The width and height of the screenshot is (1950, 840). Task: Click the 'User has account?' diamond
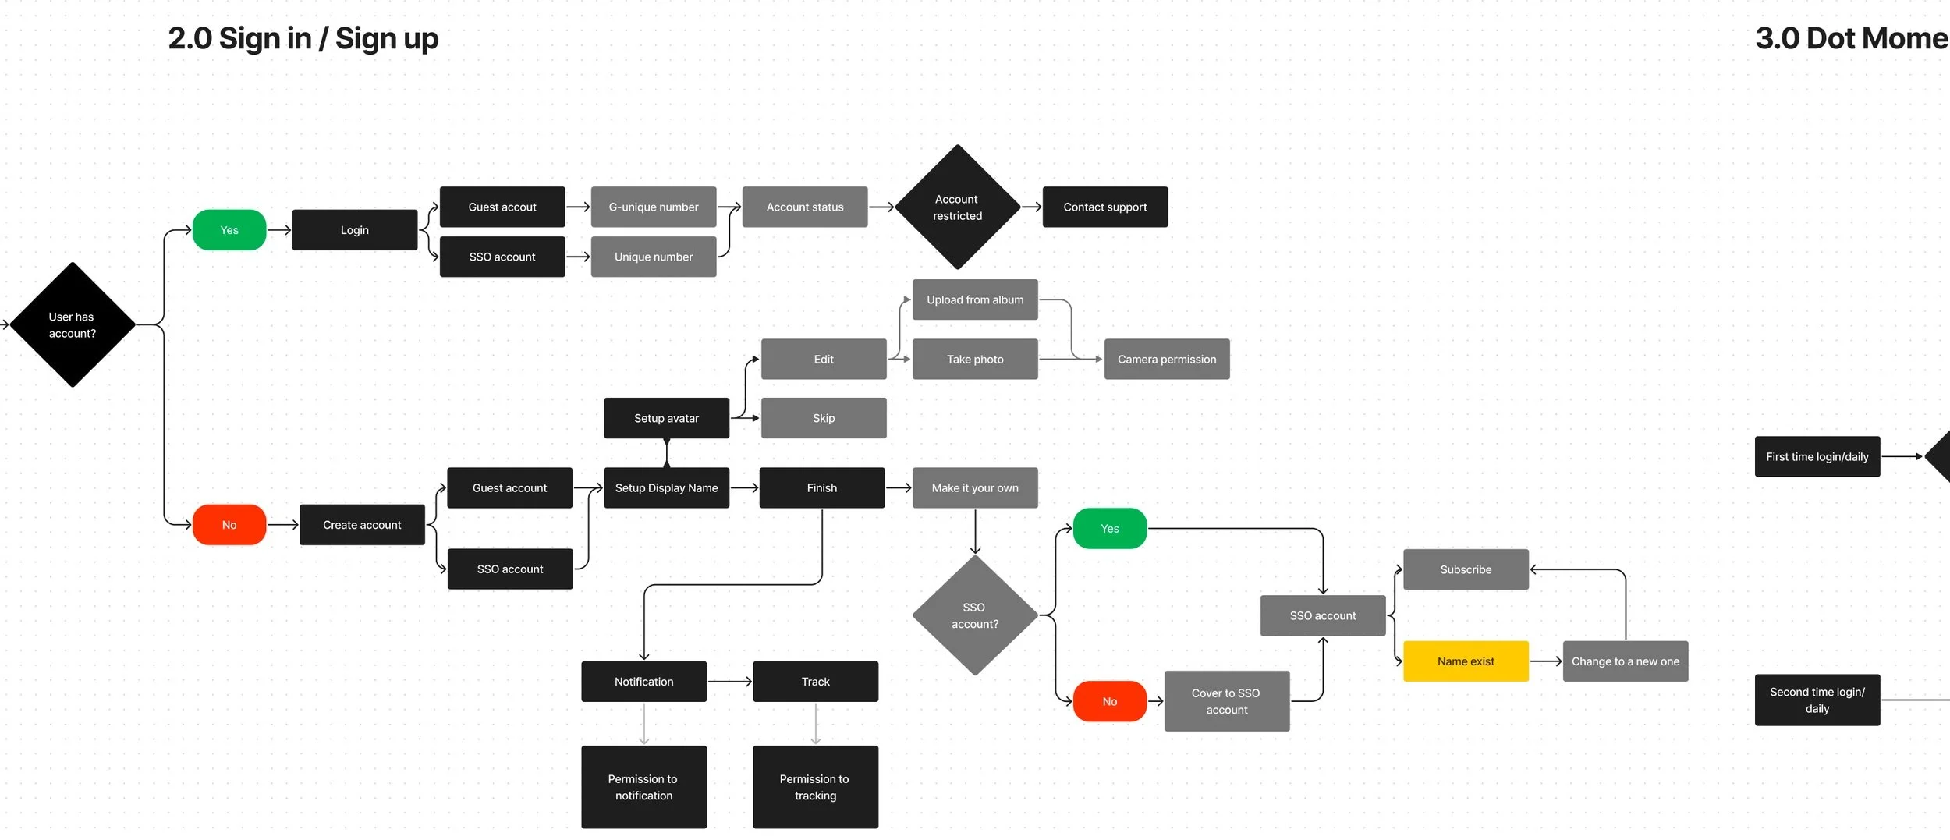(x=73, y=324)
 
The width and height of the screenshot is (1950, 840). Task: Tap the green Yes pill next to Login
(x=229, y=230)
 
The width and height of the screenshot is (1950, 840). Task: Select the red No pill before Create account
(x=229, y=525)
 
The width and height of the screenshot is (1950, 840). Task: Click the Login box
(x=354, y=230)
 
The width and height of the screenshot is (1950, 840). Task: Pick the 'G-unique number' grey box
(x=653, y=207)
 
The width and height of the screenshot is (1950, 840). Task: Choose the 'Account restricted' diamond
(x=957, y=207)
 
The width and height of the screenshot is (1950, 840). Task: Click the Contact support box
(x=1104, y=207)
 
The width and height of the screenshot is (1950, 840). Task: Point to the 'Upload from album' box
(x=975, y=299)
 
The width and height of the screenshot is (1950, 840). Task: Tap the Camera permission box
(x=1166, y=359)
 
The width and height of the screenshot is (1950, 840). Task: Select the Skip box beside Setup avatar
(x=824, y=418)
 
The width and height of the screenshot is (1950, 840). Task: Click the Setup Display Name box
(x=666, y=487)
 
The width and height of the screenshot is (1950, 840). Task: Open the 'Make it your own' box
(x=975, y=487)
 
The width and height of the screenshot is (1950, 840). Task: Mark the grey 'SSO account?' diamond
(x=974, y=615)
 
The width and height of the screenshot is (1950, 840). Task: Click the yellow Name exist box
(x=1466, y=661)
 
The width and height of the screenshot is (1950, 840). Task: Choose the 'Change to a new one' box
(x=1625, y=661)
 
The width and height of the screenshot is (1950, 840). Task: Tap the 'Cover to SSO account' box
(x=1226, y=701)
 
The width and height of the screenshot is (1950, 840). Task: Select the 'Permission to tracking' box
(x=815, y=787)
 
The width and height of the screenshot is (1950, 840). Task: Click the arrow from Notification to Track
(x=729, y=682)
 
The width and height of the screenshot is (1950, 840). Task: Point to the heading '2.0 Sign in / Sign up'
(x=303, y=38)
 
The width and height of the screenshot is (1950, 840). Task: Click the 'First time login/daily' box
(x=1817, y=456)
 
